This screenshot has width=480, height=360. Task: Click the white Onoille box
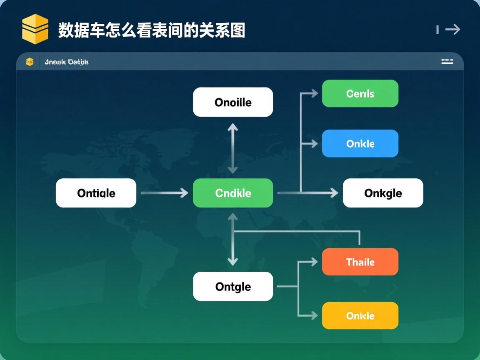pyautogui.click(x=233, y=102)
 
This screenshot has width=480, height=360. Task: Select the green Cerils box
pyautogui.click(x=360, y=94)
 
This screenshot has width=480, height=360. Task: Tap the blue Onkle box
pyautogui.click(x=360, y=143)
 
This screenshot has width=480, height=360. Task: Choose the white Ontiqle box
pyautogui.click(x=96, y=193)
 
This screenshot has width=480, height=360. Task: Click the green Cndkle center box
pyautogui.click(x=233, y=193)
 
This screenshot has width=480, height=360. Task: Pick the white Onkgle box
pyautogui.click(x=383, y=193)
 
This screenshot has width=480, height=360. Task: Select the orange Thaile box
pyautogui.click(x=360, y=262)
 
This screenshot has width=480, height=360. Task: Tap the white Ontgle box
pyautogui.click(x=233, y=286)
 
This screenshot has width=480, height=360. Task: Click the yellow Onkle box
pyautogui.click(x=360, y=315)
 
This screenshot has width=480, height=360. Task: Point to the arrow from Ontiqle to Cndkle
pyautogui.click(x=164, y=193)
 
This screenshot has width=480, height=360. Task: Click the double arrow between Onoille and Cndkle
pyautogui.click(x=233, y=148)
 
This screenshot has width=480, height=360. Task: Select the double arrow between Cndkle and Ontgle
pyautogui.click(x=233, y=240)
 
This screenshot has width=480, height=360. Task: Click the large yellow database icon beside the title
pyautogui.click(x=35, y=29)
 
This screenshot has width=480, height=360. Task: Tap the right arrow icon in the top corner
pyautogui.click(x=452, y=29)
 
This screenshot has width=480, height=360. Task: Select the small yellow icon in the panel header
pyautogui.click(x=30, y=62)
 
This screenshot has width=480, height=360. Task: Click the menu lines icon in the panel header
pyautogui.click(x=447, y=62)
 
